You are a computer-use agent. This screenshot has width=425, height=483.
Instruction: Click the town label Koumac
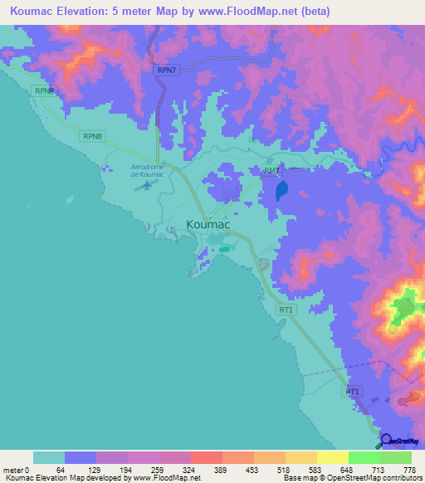coord(208,224)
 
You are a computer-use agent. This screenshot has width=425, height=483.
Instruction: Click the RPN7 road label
coord(167,71)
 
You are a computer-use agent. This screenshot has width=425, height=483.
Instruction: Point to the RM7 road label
coord(271,170)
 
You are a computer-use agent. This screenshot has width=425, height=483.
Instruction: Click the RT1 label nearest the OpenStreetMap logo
coord(352,390)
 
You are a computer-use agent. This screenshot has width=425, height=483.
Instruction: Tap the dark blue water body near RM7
coord(281,192)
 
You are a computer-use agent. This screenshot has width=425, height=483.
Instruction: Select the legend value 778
coord(408,470)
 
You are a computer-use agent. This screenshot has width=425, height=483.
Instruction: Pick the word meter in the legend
coord(13,470)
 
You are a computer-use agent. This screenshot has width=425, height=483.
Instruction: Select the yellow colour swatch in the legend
coord(332,457)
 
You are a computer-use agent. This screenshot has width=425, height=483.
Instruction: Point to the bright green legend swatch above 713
coord(364,457)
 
